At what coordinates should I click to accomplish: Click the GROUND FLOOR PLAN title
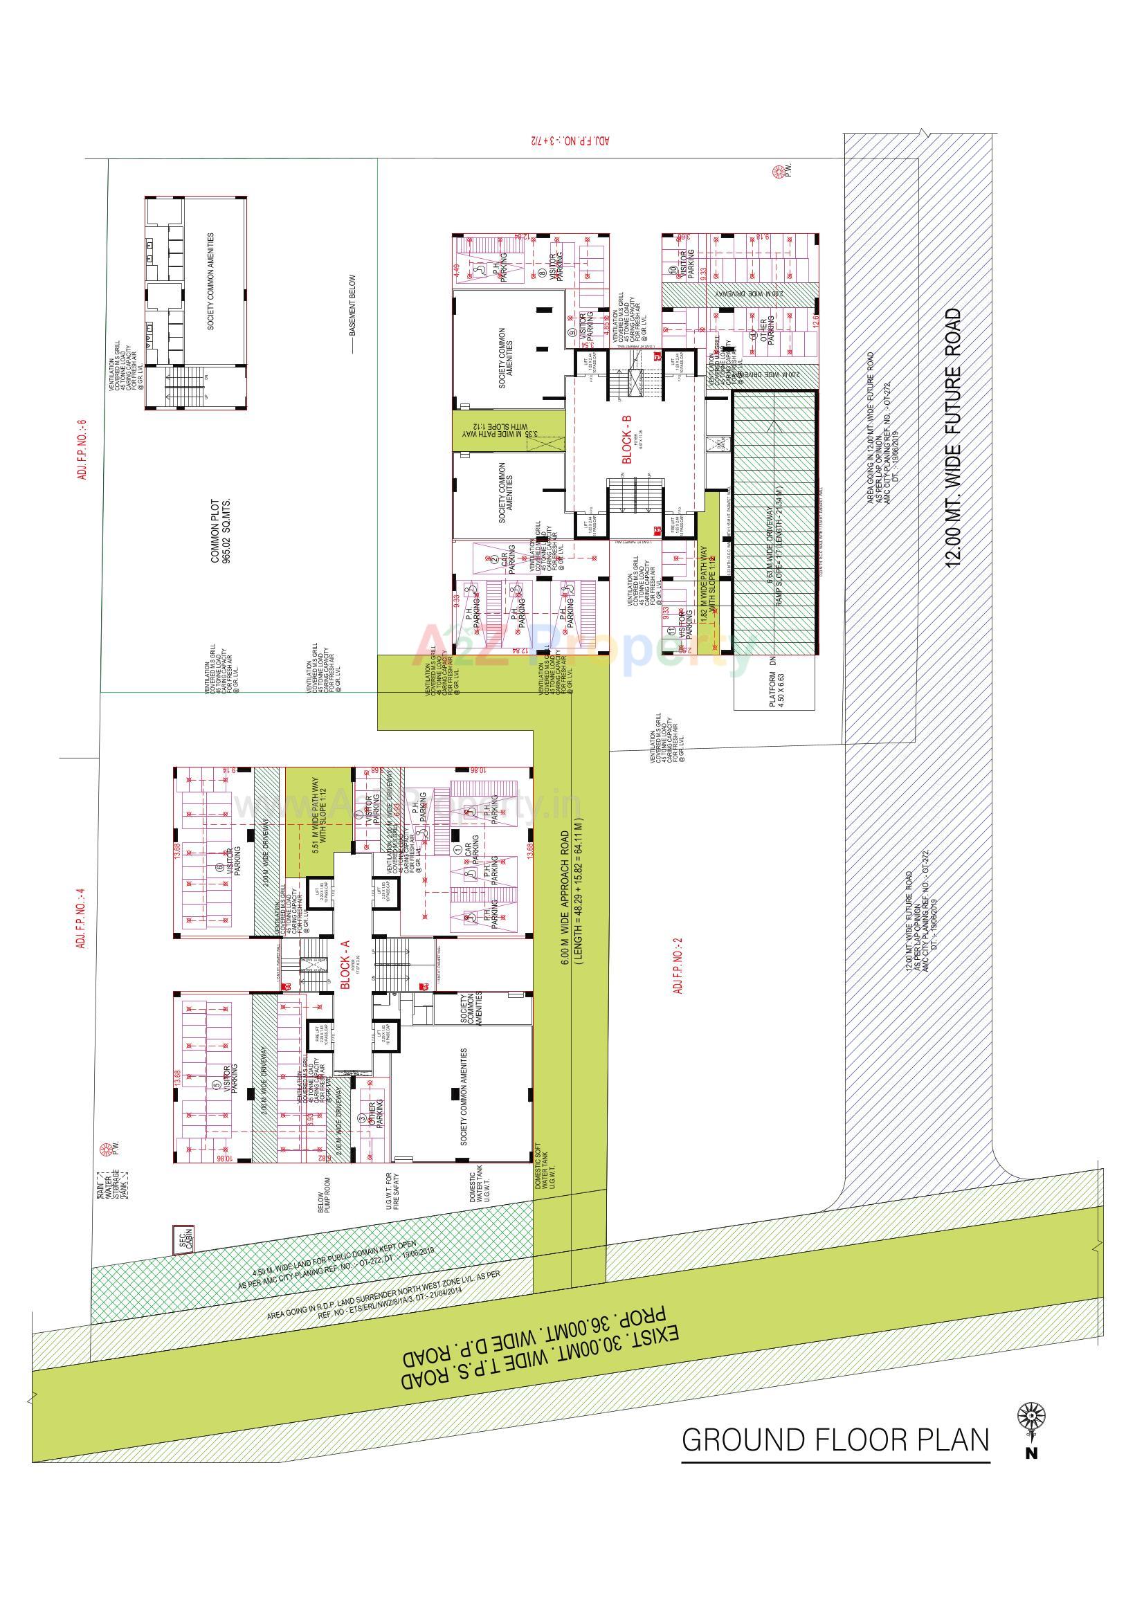pyautogui.click(x=835, y=1439)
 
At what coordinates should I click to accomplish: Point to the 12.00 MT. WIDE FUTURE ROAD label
pyautogui.click(x=953, y=437)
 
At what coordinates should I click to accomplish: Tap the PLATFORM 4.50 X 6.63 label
pyautogui.click(x=776, y=689)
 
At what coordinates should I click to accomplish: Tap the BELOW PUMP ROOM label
pyautogui.click(x=325, y=1194)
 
